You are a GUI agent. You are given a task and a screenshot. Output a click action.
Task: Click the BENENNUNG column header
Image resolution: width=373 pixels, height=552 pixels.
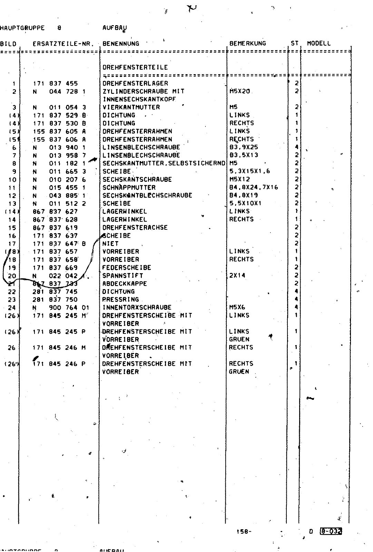click(x=121, y=44)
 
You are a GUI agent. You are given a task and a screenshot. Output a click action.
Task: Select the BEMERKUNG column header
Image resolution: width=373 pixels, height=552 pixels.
click(x=248, y=43)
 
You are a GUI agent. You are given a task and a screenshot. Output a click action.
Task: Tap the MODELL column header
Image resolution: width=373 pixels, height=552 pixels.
click(x=318, y=43)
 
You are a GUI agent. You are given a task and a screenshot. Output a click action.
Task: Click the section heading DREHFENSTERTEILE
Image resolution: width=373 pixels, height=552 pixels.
click(x=135, y=68)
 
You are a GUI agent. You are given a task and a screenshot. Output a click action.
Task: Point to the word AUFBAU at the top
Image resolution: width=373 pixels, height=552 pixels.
click(x=112, y=28)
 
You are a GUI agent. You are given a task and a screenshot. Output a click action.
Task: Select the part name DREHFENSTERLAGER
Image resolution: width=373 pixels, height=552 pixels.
click(x=135, y=83)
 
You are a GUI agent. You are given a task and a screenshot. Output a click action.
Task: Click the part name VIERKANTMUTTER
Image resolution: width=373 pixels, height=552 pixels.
click(x=131, y=107)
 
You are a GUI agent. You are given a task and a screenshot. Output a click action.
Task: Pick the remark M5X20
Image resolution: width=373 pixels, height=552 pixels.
click(x=239, y=91)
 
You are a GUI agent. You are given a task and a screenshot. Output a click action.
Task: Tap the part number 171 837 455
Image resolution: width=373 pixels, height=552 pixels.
click(x=55, y=83)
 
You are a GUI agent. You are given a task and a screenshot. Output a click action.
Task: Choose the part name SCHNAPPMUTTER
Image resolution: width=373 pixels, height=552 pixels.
click(x=129, y=188)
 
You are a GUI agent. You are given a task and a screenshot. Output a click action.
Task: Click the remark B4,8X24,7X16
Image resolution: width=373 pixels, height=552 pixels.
click(x=254, y=188)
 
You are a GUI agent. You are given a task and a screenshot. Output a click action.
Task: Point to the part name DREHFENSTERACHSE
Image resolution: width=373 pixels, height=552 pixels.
click(x=135, y=228)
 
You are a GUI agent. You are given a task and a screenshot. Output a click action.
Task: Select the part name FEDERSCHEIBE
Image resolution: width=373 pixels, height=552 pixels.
click(x=127, y=268)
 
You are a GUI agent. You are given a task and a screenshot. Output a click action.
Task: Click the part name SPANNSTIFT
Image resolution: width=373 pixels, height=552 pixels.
click(x=122, y=276)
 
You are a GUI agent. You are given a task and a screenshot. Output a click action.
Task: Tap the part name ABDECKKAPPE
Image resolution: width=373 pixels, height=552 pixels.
click(x=125, y=284)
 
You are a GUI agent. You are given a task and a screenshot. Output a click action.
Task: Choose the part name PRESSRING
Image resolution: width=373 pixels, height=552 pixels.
click(x=121, y=299)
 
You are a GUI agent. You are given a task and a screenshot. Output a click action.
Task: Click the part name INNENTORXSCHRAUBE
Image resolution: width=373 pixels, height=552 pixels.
click(x=137, y=307)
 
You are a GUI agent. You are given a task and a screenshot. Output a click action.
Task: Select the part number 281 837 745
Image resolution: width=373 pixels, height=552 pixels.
click(x=55, y=292)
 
